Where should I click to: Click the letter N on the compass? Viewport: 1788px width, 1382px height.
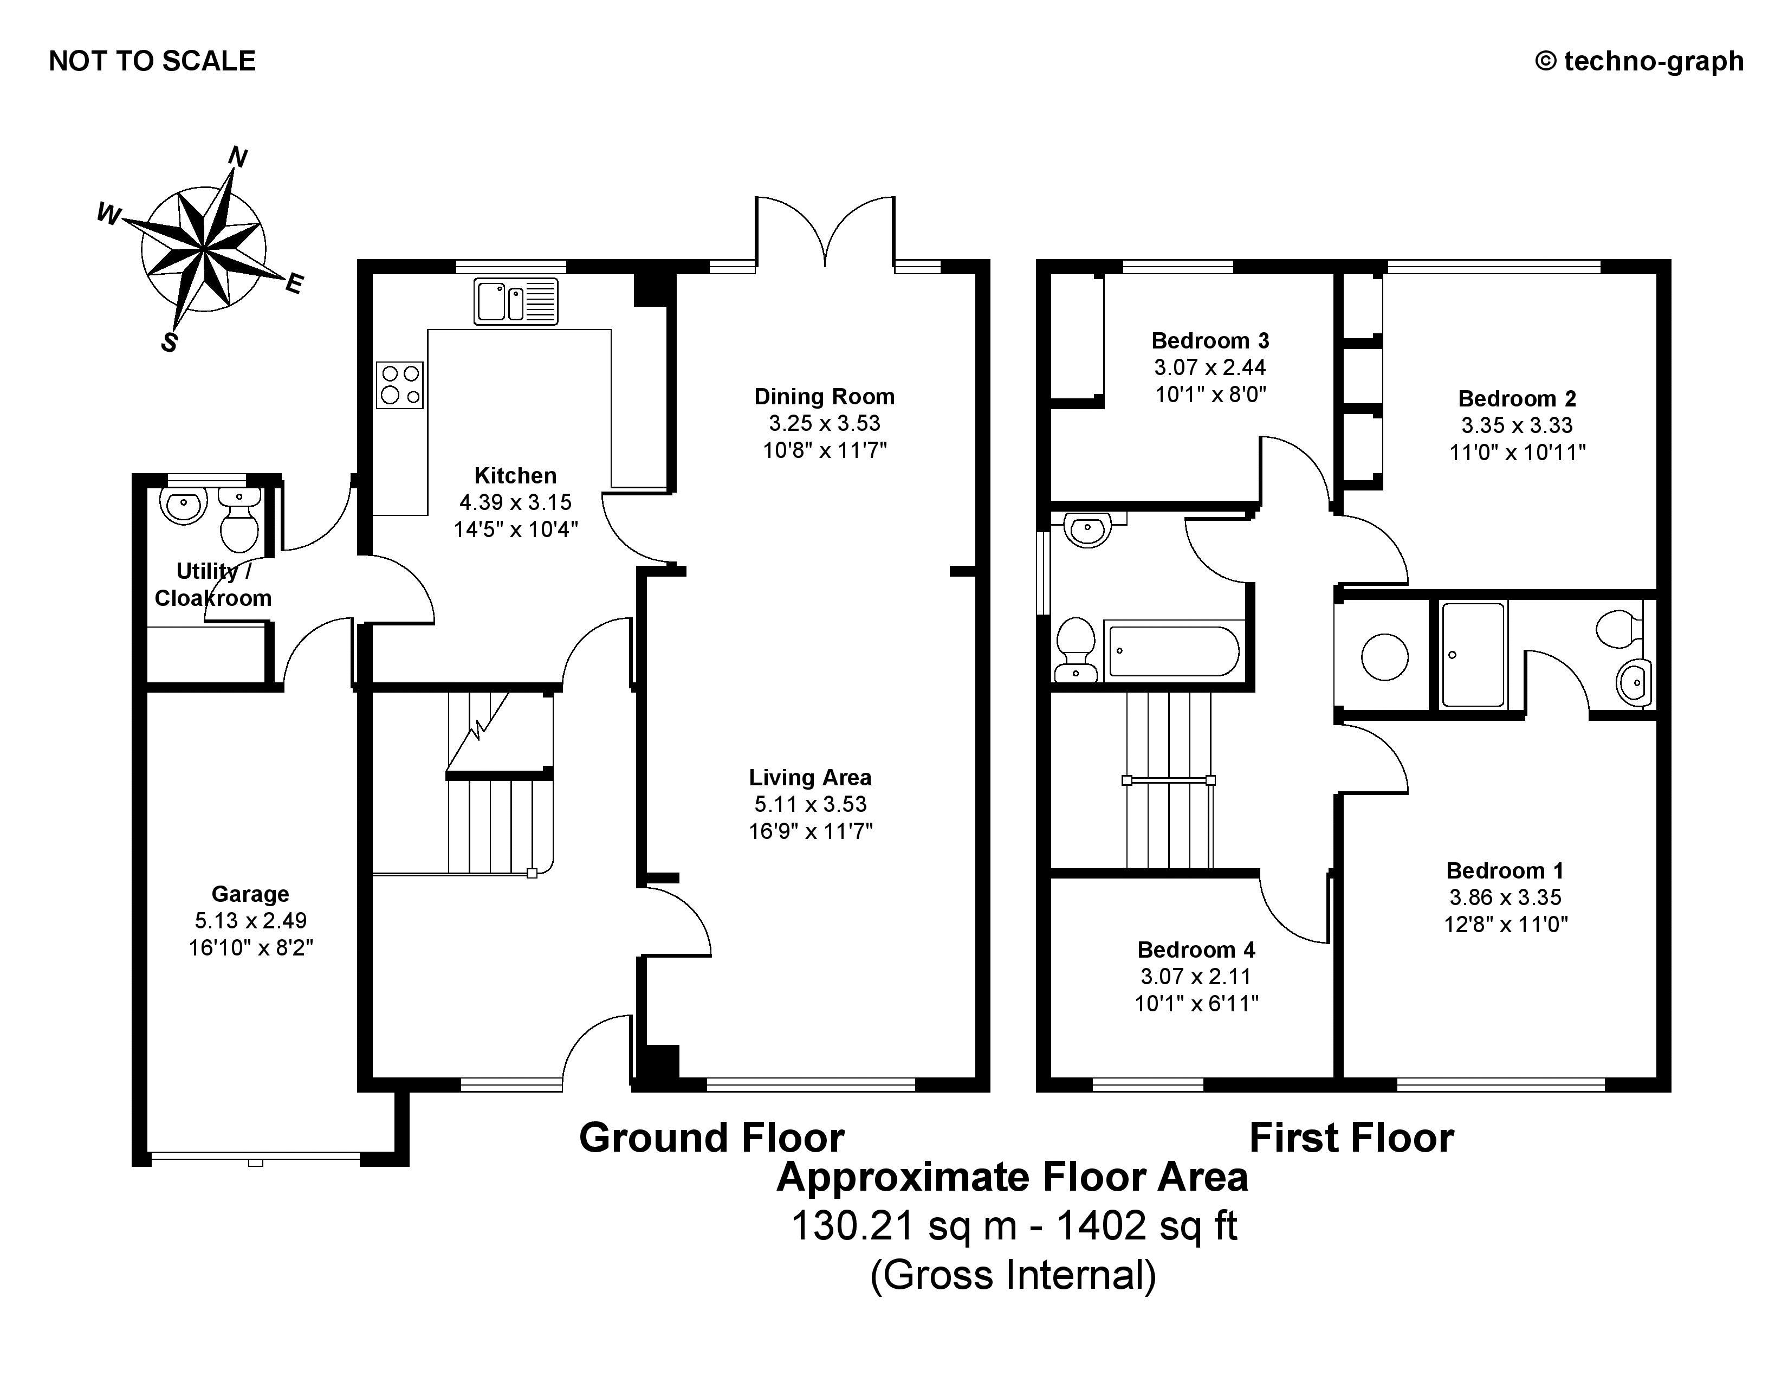(237, 156)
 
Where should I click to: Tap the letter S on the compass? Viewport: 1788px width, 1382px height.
(170, 341)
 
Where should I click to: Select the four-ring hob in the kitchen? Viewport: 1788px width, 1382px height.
(399, 385)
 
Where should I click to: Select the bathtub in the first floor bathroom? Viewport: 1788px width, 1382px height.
(1173, 651)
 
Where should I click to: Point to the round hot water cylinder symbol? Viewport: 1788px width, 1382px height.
(1384, 657)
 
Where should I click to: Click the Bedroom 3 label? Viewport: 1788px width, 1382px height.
(1210, 340)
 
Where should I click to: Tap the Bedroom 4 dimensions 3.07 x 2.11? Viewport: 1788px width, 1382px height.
(1196, 976)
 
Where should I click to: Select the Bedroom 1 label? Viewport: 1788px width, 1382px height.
(1505, 870)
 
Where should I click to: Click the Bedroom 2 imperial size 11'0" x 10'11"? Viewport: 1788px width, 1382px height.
(1517, 452)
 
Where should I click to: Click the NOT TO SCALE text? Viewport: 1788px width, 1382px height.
(152, 61)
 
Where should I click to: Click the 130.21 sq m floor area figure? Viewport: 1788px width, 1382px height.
(904, 1225)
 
